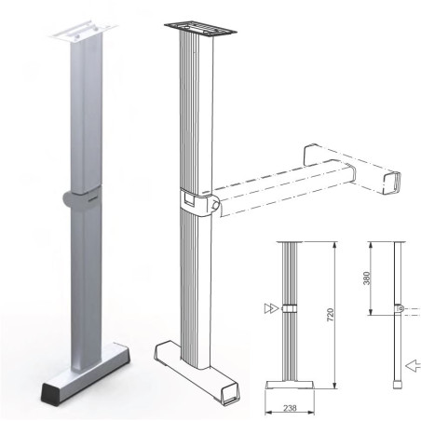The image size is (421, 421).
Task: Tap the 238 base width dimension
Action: click(x=291, y=406)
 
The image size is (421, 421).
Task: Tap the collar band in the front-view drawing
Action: click(x=291, y=308)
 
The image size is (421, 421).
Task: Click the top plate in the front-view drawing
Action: click(x=291, y=241)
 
